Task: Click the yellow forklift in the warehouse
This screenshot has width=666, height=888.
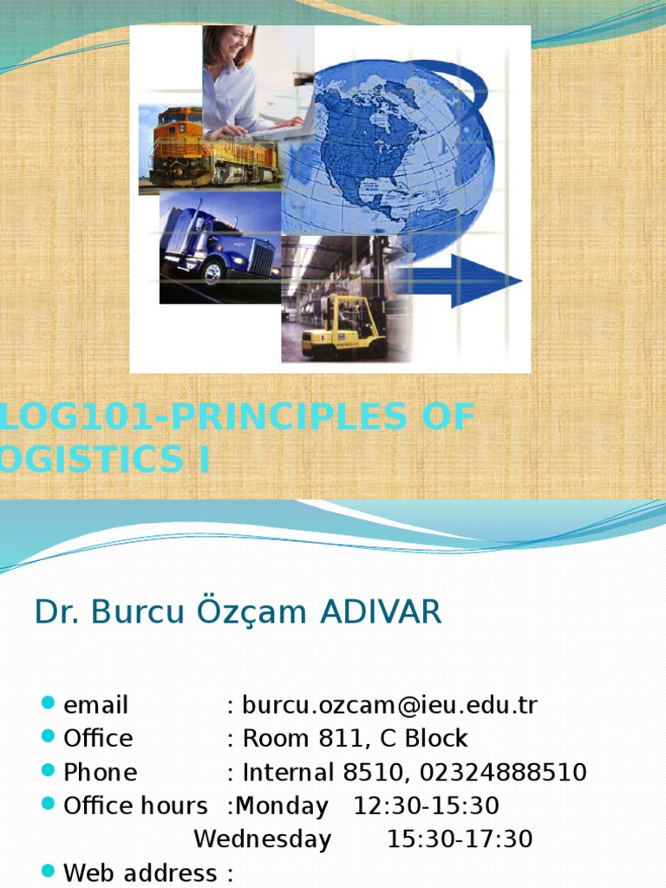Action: pos(343,327)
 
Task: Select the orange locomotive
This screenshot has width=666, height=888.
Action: pos(208,149)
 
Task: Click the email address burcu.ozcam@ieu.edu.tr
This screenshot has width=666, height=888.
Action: pos(390,705)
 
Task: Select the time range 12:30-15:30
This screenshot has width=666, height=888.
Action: pos(427,806)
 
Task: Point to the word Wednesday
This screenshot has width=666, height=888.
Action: pos(262,839)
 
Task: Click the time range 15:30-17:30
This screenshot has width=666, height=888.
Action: pos(460,839)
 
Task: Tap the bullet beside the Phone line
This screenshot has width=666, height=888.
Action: pos(48,771)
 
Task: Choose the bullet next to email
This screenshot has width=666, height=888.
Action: pos(48,703)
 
